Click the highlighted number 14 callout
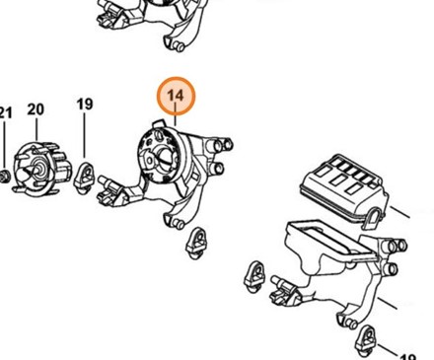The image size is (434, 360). point(176,96)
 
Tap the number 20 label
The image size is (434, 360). point(36,109)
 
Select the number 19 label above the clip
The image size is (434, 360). point(85,105)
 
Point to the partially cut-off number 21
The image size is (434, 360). point(6,112)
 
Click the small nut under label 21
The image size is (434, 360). point(5,177)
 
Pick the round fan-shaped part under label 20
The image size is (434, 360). point(42,170)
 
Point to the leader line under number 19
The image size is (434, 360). point(85,135)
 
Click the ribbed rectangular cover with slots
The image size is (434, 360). point(344,188)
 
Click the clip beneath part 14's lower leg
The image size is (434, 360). point(197,243)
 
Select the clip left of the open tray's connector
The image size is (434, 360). point(254,277)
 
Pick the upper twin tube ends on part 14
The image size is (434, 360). point(222,144)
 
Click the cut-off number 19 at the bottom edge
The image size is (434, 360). point(408,356)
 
